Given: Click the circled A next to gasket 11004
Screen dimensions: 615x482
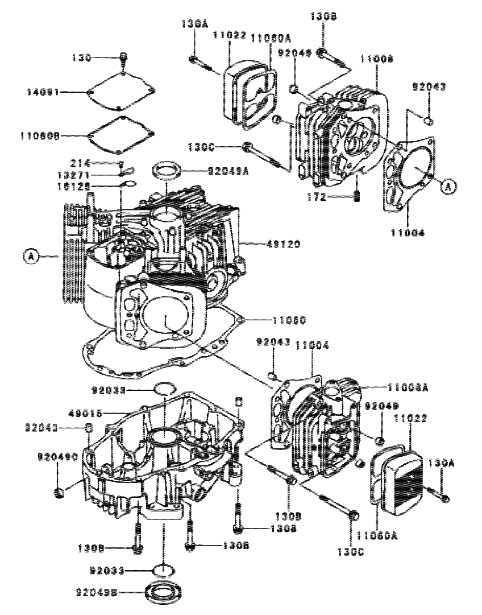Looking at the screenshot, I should click(448, 186).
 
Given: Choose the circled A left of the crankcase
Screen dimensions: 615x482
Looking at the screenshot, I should click(32, 257).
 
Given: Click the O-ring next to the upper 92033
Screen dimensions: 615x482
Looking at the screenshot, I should click(164, 390).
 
